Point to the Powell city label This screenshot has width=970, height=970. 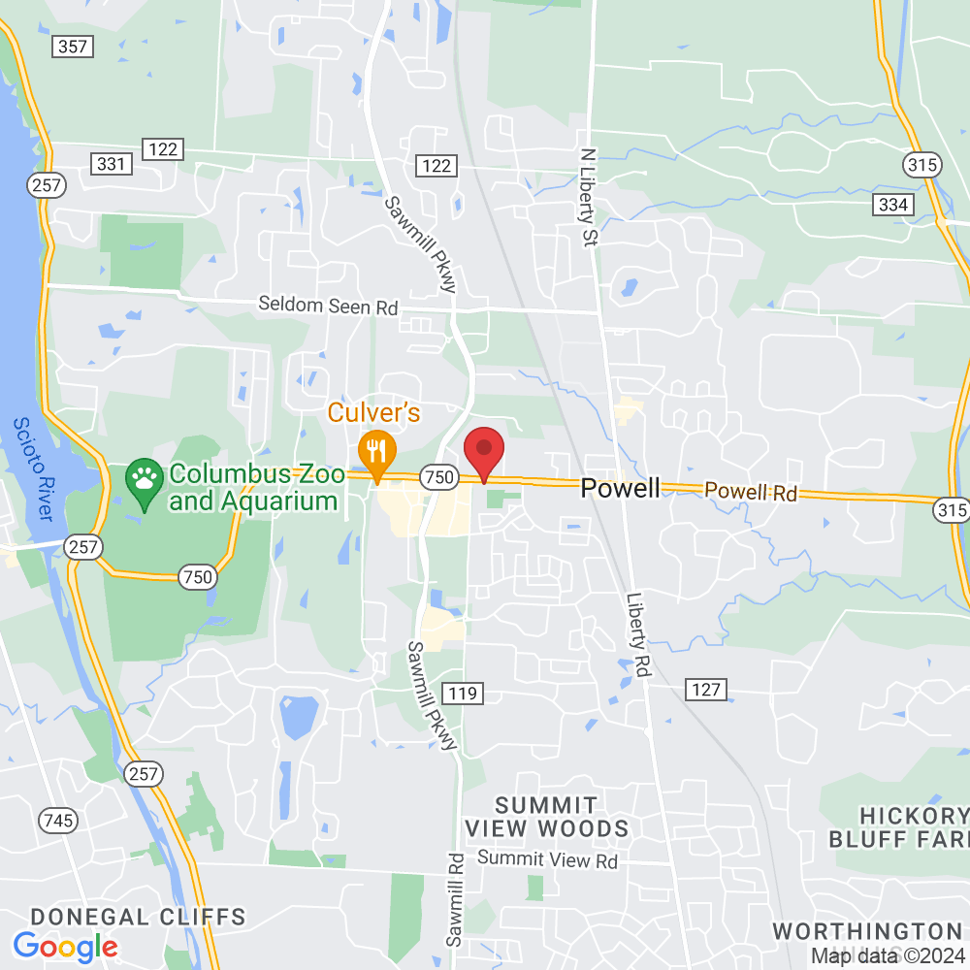pyautogui.click(x=620, y=488)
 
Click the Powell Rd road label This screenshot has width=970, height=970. pyautogui.click(x=751, y=492)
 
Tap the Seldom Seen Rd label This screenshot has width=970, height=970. pyautogui.click(x=328, y=306)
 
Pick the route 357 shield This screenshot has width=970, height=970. pyautogui.click(x=73, y=46)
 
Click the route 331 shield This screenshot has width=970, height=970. pyautogui.click(x=112, y=164)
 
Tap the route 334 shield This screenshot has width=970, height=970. pyautogui.click(x=892, y=205)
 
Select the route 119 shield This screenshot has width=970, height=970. pyautogui.click(x=463, y=693)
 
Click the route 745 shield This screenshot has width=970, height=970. pyautogui.click(x=58, y=822)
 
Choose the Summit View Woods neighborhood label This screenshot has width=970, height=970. pyautogui.click(x=546, y=817)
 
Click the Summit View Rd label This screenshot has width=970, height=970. pyautogui.click(x=547, y=859)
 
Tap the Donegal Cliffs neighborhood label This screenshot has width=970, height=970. pyautogui.click(x=138, y=917)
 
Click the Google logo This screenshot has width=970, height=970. pyautogui.click(x=65, y=946)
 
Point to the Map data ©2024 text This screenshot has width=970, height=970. pyautogui.click(x=889, y=956)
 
